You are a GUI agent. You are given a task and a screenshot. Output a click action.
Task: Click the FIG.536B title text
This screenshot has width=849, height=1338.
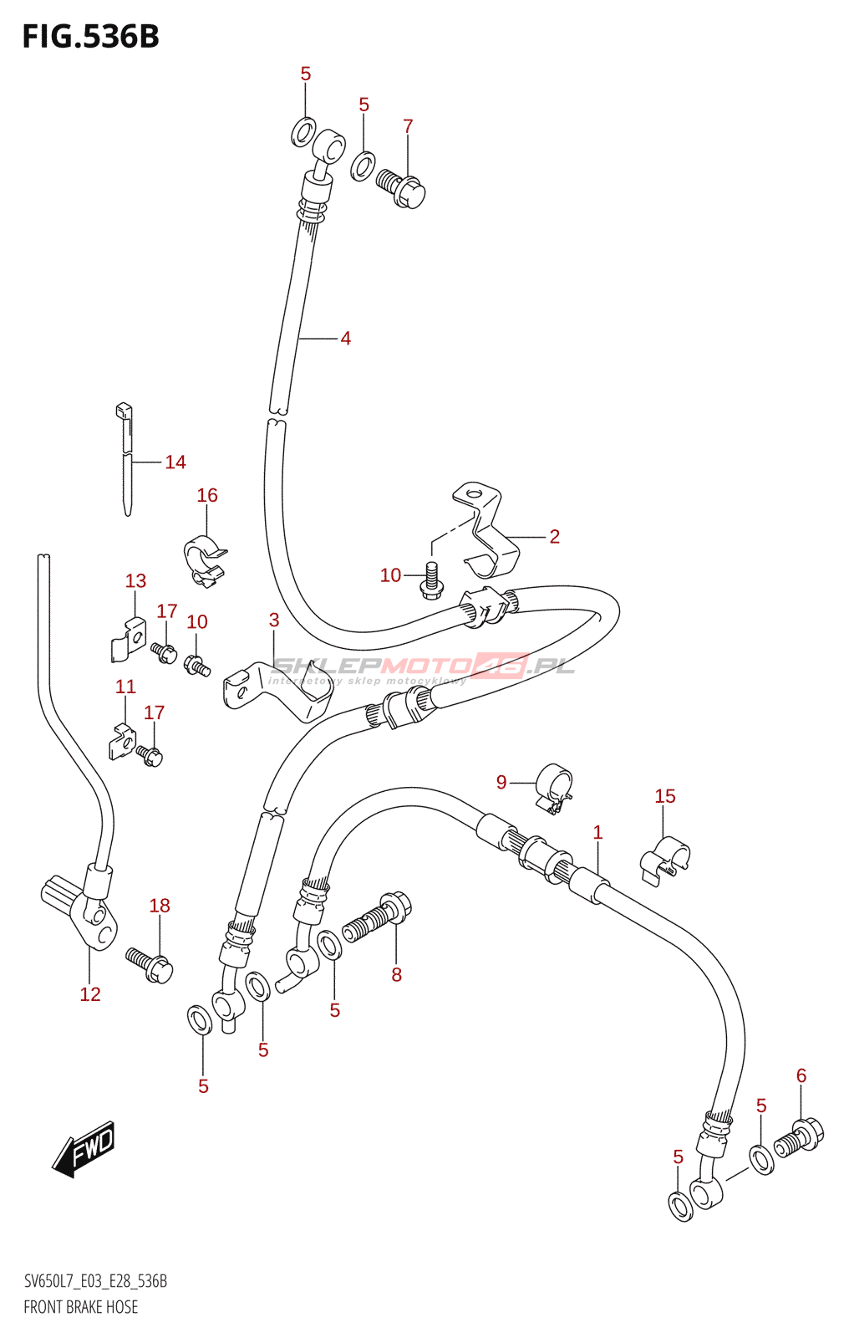pyautogui.click(x=90, y=37)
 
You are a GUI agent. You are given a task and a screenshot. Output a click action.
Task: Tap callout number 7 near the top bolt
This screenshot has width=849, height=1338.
pyautogui.click(x=408, y=126)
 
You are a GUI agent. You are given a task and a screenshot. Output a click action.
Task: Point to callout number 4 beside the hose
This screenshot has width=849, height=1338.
pyautogui.click(x=345, y=339)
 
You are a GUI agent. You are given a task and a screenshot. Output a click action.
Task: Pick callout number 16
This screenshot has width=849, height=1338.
pyautogui.click(x=207, y=495)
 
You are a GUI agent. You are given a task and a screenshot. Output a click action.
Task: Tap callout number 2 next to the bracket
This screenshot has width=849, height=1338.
pyautogui.click(x=554, y=536)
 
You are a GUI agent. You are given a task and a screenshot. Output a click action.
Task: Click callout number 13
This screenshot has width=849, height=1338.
pyautogui.click(x=135, y=580)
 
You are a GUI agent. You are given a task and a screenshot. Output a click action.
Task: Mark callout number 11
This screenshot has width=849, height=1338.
pyautogui.click(x=125, y=687)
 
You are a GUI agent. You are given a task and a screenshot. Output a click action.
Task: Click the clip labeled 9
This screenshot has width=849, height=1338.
pyautogui.click(x=554, y=789)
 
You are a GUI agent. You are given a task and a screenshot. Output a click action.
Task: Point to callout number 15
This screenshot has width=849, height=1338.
pyautogui.click(x=665, y=796)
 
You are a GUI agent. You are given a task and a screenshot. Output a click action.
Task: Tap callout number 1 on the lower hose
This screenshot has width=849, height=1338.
pyautogui.click(x=597, y=832)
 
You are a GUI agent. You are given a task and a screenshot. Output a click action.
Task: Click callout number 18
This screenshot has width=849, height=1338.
pyautogui.click(x=160, y=905)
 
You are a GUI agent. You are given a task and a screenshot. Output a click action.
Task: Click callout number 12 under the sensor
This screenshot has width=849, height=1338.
pyautogui.click(x=90, y=993)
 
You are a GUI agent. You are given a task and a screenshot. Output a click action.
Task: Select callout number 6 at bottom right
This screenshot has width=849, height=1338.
pyautogui.click(x=801, y=1075)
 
